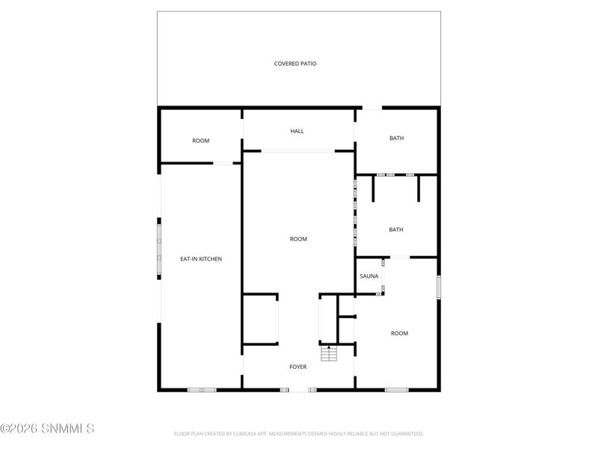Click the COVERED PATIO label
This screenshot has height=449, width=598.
pyautogui.click(x=295, y=64)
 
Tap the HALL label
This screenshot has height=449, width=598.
pyautogui.click(x=297, y=132)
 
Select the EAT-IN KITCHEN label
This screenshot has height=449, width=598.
pyautogui.click(x=201, y=259)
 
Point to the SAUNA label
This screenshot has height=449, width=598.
pyautogui.click(x=369, y=276)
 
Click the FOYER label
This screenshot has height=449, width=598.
pyautogui.click(x=298, y=367)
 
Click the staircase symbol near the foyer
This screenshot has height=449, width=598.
pyautogui.click(x=329, y=353)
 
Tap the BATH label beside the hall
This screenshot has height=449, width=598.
pyautogui.click(x=397, y=138)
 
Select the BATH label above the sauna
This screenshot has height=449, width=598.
pyautogui.click(x=396, y=230)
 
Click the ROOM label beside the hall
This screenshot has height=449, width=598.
pyautogui.click(x=200, y=141)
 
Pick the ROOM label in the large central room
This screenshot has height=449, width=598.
pyautogui.click(x=298, y=239)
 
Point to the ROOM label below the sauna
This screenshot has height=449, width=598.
pyautogui.click(x=399, y=333)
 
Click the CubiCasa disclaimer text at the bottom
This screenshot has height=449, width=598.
pyautogui.click(x=298, y=434)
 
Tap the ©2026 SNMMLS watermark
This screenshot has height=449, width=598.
pyautogui.click(x=47, y=428)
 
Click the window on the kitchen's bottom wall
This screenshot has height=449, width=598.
pyautogui.click(x=202, y=390)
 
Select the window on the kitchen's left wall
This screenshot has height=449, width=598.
pyautogui.click(x=159, y=249)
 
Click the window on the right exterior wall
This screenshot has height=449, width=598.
pyautogui.click(x=439, y=287)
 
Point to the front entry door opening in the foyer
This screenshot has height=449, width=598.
pyautogui.click(x=298, y=390)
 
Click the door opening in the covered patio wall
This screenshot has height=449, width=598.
pyautogui.click(x=372, y=108)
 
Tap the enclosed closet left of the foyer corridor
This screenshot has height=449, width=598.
pyautogui.click(x=260, y=320)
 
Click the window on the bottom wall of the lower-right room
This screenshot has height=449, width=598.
pyautogui.click(x=397, y=390)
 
